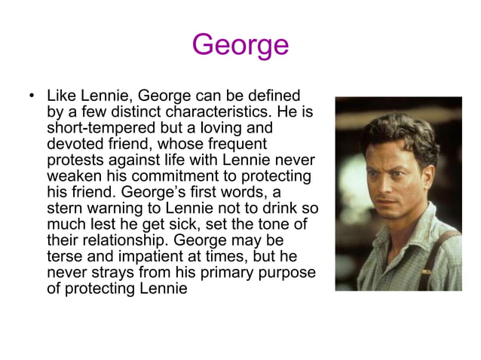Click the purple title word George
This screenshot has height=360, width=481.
pyautogui.click(x=240, y=45)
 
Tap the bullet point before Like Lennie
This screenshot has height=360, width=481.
pyautogui.click(x=32, y=97)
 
